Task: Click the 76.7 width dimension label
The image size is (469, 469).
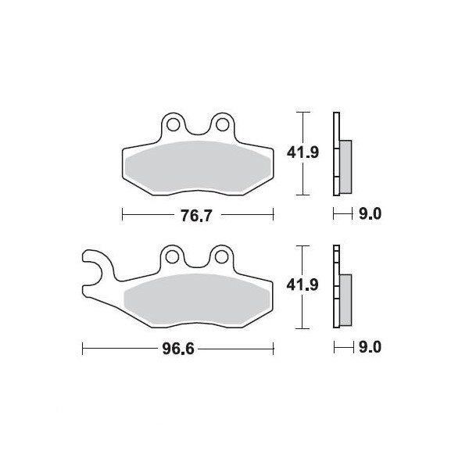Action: pos(196,216)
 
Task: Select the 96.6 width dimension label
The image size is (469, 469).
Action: pos(178,349)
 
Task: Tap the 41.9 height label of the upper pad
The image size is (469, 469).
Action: pos(303,153)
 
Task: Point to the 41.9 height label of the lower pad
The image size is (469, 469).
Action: pos(303,285)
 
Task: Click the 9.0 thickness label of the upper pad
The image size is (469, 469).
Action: pos(371,214)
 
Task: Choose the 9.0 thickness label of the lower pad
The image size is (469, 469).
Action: pos(371,347)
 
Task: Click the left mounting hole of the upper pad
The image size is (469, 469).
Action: pos(174,125)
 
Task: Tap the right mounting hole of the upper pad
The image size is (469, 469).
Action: pos(222,125)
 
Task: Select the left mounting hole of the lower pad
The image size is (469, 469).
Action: pos(172,257)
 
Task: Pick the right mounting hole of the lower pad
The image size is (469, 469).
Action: pos(221,257)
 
